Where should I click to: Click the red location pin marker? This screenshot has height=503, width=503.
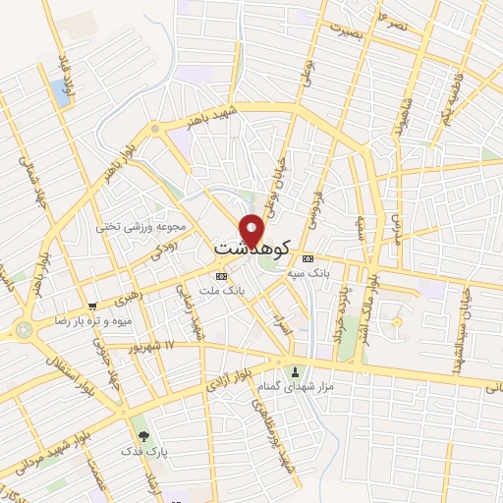point(252,230)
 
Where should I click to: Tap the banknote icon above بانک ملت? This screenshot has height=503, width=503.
point(220,276)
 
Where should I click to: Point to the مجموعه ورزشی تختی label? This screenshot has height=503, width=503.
point(135,226)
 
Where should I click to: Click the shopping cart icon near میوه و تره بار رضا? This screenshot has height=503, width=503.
point(92,307)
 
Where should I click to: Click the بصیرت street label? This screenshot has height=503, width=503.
point(346,29)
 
